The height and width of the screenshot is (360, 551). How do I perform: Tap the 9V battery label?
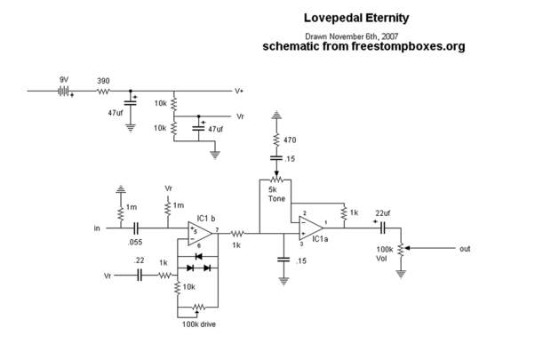64,80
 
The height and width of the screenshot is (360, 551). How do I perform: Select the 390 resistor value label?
103,80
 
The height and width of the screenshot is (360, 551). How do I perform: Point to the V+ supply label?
239,91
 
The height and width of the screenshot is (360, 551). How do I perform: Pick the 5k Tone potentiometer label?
276,193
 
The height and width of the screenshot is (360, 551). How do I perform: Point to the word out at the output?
465,249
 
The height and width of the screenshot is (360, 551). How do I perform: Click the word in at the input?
97,228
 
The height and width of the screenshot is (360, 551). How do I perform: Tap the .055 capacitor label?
136,242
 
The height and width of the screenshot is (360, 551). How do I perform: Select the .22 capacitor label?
139,260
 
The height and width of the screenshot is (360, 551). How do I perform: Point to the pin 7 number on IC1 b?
216,230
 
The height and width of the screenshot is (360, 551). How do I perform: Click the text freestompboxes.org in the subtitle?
412,46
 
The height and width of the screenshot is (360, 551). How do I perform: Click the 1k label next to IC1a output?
353,213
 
